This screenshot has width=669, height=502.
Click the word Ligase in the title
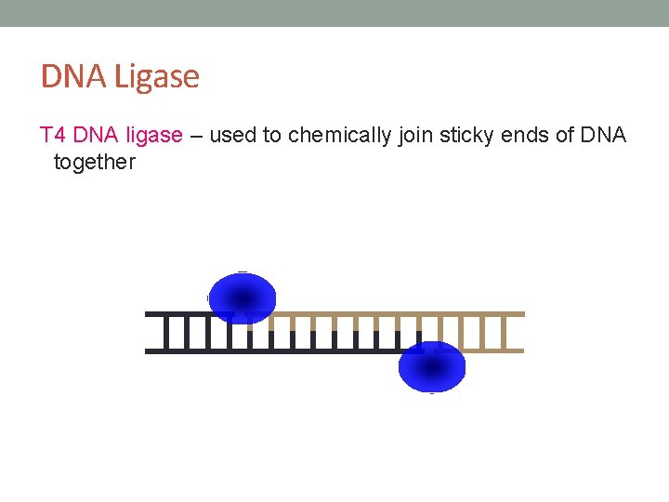tap(157, 77)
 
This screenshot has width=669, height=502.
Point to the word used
tap(233, 136)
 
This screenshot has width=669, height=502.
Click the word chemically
tap(340, 136)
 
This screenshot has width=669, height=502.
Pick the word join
tap(415, 136)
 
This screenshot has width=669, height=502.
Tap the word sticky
tap(467, 136)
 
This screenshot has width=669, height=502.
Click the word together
tap(95, 163)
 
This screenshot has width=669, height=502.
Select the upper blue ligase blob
tap(243, 297)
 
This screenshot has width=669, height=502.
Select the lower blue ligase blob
tap(432, 366)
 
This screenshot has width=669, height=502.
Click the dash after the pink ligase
tap(196, 137)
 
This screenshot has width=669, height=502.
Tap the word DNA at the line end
tap(604, 136)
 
